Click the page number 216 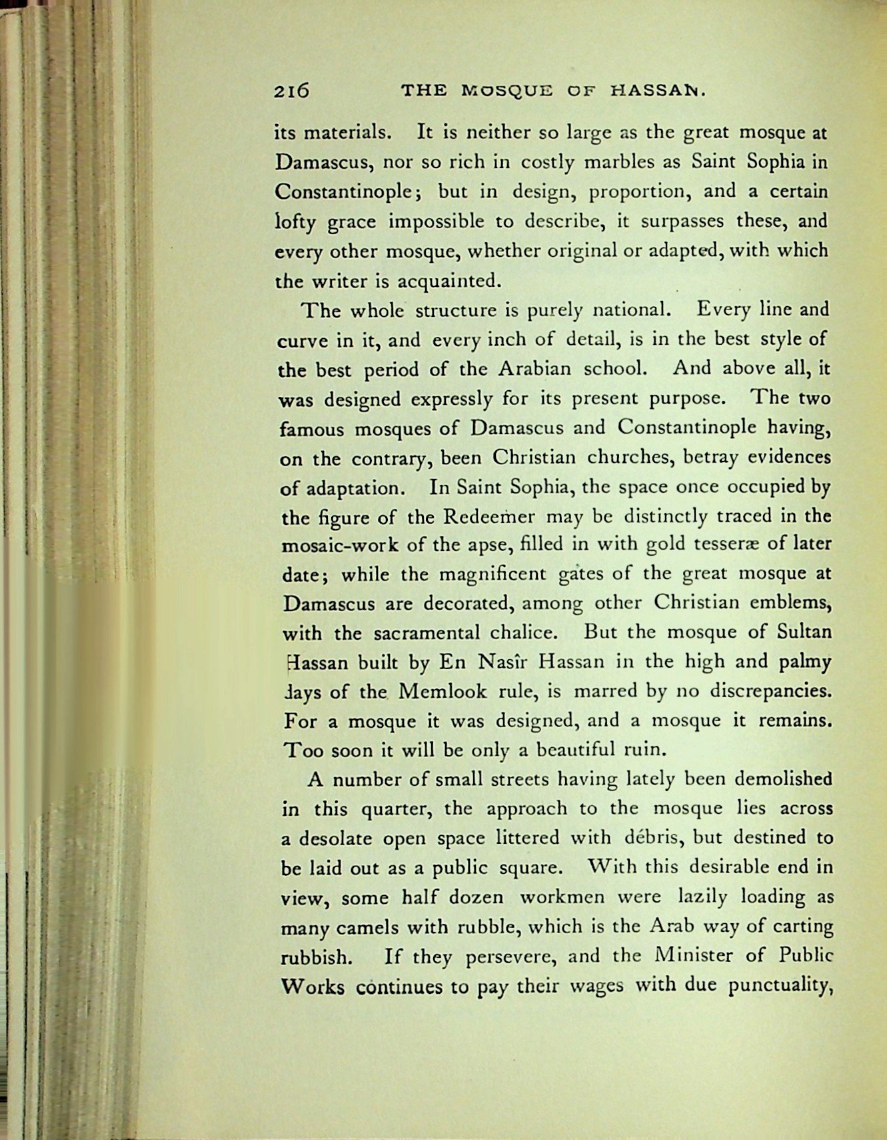coord(291,91)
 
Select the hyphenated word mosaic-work coord(340,545)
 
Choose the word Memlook coord(442,692)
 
